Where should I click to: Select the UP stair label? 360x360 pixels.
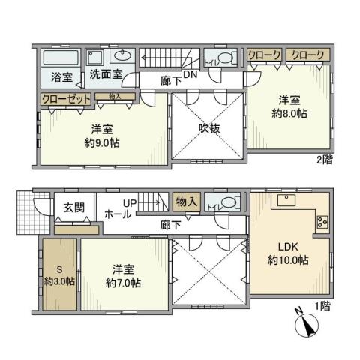point(130,203)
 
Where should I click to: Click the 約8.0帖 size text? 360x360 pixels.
point(290,114)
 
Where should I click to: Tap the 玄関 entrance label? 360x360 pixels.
point(73,208)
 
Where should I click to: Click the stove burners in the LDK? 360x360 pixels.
point(323,221)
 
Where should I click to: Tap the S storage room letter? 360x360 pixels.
point(58,271)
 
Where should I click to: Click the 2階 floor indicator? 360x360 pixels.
point(324,159)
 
